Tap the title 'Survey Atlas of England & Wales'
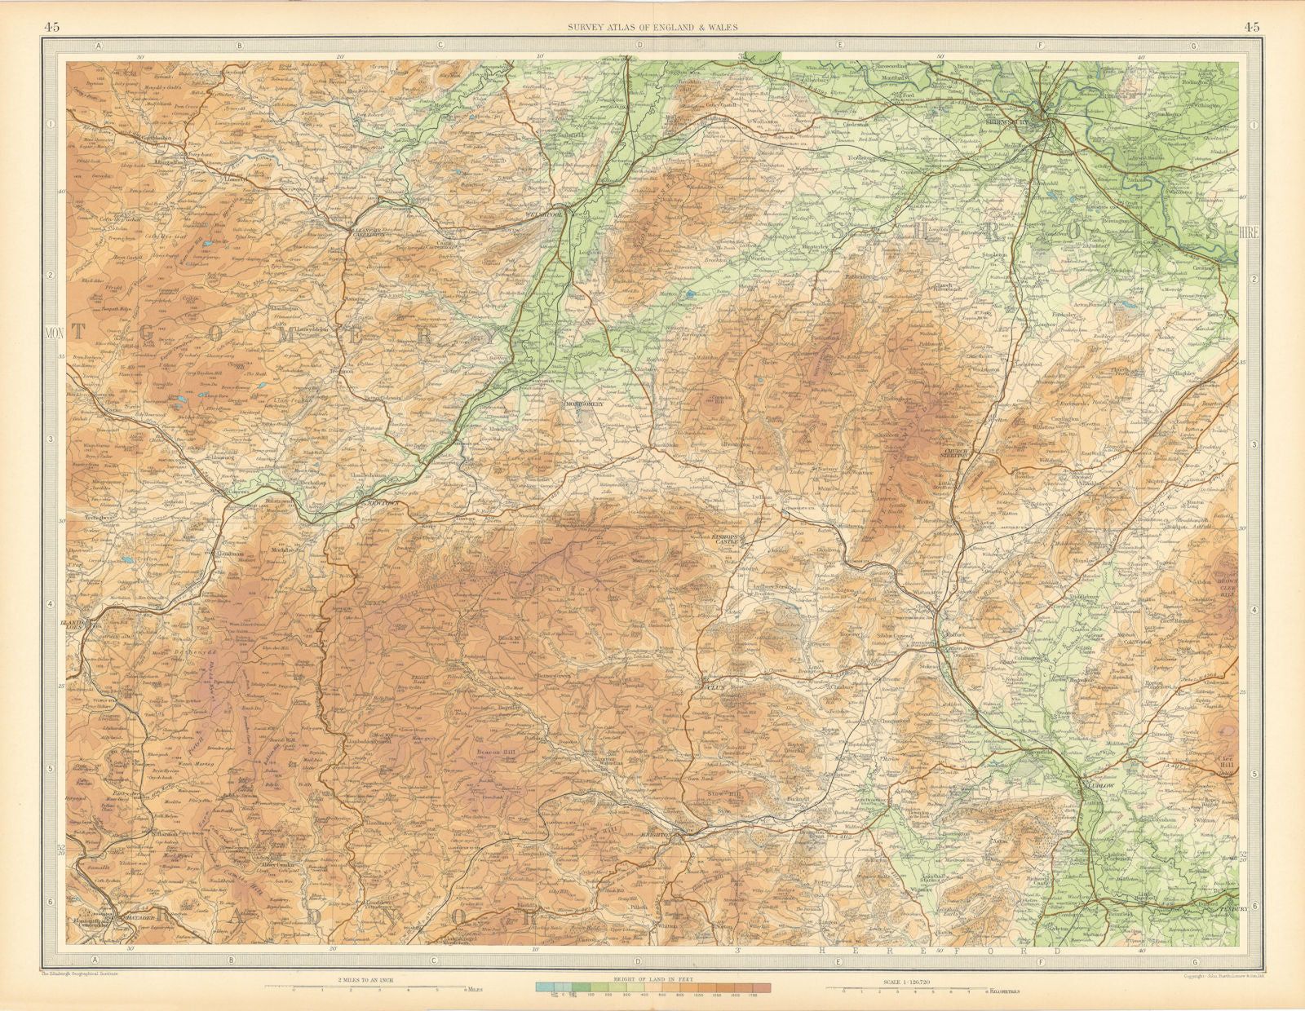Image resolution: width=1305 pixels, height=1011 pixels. tap(652, 27)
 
